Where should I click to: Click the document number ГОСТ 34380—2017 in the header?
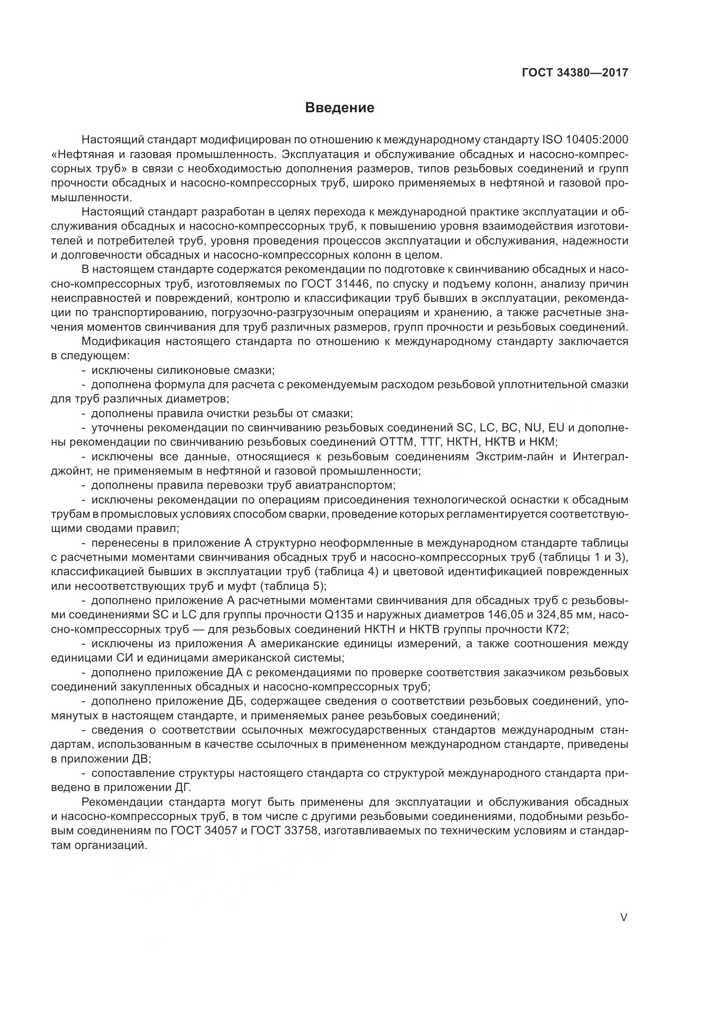point(575,73)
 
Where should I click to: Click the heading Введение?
point(339,108)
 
